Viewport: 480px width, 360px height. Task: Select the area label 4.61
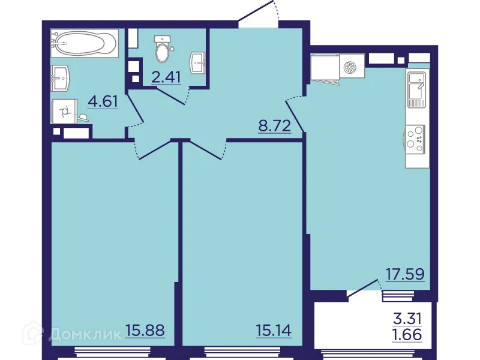click(103, 101)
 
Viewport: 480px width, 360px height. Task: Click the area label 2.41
click(166, 77)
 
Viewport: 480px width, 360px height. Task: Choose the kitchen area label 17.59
click(405, 274)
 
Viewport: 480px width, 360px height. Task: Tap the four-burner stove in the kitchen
click(415, 136)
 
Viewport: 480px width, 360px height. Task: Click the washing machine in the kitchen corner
click(353, 67)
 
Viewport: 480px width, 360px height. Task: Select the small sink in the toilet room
click(199, 61)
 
